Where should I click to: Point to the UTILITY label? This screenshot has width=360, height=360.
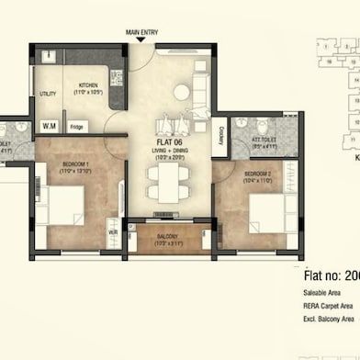[x=48, y=94]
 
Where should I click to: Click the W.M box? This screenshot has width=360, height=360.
[x=49, y=126]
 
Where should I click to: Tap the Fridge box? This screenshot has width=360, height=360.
[x=77, y=127]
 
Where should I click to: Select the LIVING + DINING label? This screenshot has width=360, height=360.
[x=167, y=152]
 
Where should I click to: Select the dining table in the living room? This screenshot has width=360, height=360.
[x=166, y=184]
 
